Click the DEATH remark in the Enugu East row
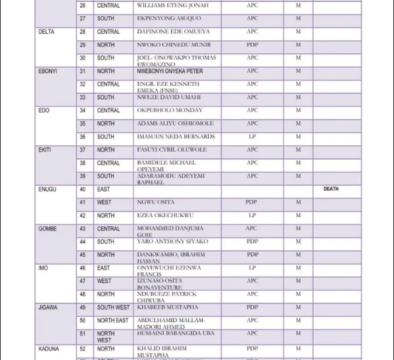330,189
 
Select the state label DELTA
46,32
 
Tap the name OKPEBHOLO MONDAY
170,110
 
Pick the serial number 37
83,150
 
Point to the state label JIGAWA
48,308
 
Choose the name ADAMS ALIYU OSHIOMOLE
175,124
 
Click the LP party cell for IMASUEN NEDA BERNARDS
252,137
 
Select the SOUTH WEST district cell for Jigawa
113,308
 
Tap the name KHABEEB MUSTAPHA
167,308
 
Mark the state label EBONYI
48,71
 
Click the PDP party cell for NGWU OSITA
251,202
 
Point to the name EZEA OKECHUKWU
165,215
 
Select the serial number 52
83,349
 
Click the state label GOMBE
48,229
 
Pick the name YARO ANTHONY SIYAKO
172,242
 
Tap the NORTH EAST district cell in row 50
113,321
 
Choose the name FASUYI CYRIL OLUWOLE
172,150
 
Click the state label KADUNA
49,349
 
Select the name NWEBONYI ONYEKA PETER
170,71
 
